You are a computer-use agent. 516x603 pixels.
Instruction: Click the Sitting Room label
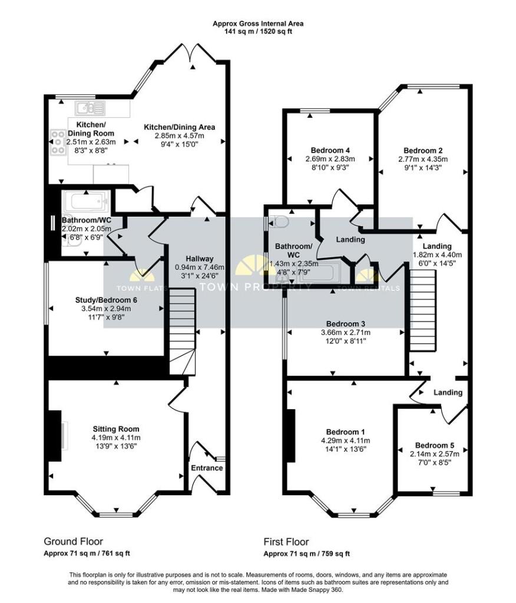coord(115,429)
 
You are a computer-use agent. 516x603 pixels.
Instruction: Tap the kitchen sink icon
coord(90,108)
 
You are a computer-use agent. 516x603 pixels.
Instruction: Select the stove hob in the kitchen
coord(59,142)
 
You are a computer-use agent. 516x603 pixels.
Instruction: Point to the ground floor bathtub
coord(86,203)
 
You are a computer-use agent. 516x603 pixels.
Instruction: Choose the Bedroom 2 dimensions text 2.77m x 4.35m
coord(423,159)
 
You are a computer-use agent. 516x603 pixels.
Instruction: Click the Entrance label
coord(207,468)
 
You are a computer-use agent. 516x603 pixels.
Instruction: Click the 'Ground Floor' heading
coord(73,541)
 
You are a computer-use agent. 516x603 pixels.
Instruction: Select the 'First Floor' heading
coord(286,542)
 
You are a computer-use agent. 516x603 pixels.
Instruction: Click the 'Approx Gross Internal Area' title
coord(258,24)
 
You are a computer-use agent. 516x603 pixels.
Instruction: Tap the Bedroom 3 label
coord(346,324)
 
